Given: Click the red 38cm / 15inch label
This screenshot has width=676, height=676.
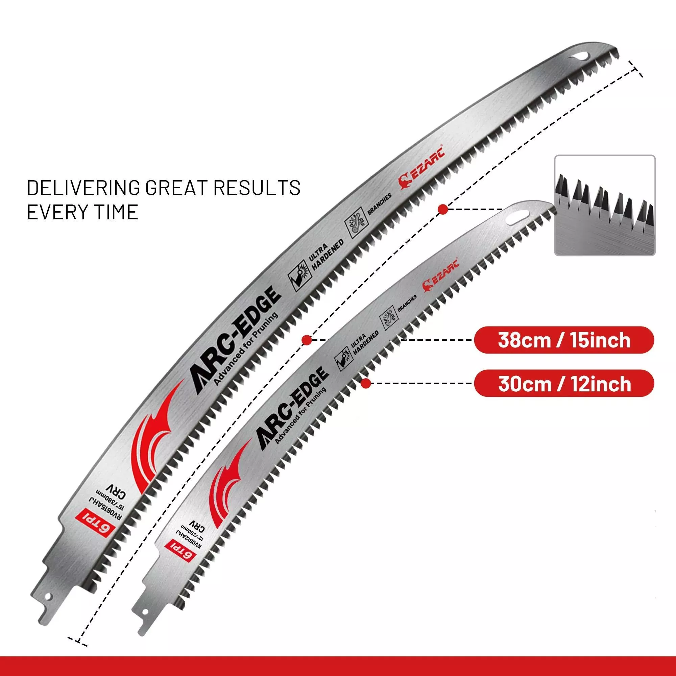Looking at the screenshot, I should pos(564,340).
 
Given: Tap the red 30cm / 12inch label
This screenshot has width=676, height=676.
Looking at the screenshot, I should pos(564,384).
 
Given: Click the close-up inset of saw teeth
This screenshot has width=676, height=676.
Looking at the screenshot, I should pos(605,205).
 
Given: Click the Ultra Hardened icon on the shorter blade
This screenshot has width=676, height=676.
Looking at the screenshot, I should pos(342,359).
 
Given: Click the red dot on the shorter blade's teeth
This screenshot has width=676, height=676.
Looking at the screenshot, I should pos(366,384).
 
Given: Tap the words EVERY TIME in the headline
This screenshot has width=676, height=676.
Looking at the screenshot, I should pos(82,212).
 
